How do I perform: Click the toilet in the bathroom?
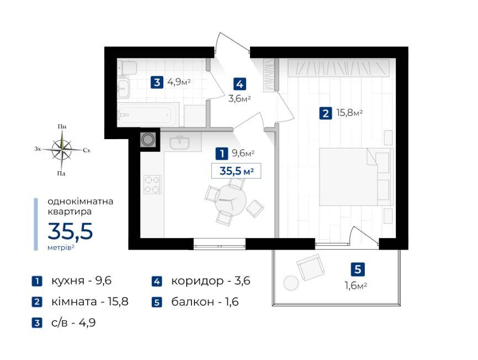coord(128,68)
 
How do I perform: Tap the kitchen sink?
coord(179,143)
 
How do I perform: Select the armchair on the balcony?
coord(310,268)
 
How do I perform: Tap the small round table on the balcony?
coord(290,283)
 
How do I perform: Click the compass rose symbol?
coord(63,149)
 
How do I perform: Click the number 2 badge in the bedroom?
coord(326,114)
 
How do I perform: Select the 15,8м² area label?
coord(349,114)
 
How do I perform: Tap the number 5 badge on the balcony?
coord(358,269)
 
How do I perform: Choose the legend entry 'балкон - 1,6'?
coord(205,302)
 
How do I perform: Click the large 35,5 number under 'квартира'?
coord(70,231)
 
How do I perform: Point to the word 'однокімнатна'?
coord(81,201)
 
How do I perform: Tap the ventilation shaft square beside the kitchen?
coord(148,140)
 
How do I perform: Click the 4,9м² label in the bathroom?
coord(179,83)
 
